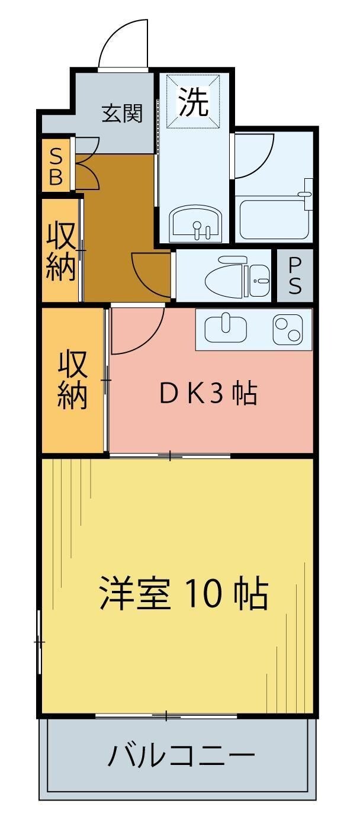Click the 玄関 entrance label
point(123,113)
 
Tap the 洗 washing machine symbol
point(194,102)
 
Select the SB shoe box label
point(55,167)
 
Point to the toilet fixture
point(237,276)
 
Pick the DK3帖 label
point(208,393)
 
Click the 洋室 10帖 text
point(183,594)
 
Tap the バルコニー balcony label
point(181,756)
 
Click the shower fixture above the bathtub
point(306,192)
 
